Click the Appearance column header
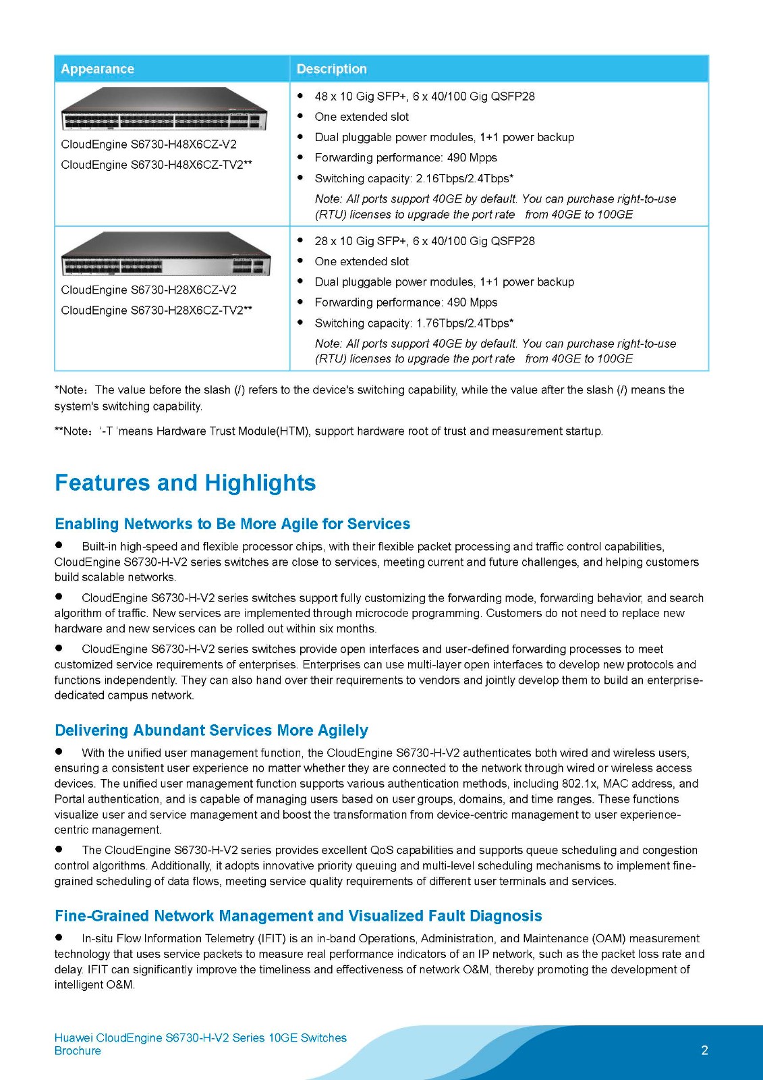click(x=97, y=69)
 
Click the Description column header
click(x=331, y=69)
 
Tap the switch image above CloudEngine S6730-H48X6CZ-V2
click(x=164, y=109)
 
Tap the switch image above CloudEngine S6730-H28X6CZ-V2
click(x=165, y=254)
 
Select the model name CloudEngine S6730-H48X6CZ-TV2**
click(x=157, y=165)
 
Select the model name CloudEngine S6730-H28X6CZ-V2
click(x=148, y=290)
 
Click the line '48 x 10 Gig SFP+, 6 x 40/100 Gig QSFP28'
click(x=424, y=97)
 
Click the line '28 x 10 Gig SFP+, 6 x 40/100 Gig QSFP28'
click(x=424, y=241)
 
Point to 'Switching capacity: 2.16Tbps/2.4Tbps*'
click(x=414, y=178)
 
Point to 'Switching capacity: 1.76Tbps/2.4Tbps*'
click(x=414, y=323)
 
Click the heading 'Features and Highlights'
click(x=185, y=483)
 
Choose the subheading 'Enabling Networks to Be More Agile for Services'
click(x=232, y=524)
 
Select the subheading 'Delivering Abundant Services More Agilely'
click(x=211, y=730)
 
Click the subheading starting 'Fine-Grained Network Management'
click(x=298, y=916)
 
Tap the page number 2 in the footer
click(x=704, y=1050)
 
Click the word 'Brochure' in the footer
click(x=78, y=1051)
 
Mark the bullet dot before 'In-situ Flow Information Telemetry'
click(x=59, y=938)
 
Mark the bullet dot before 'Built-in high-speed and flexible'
click(x=59, y=545)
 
